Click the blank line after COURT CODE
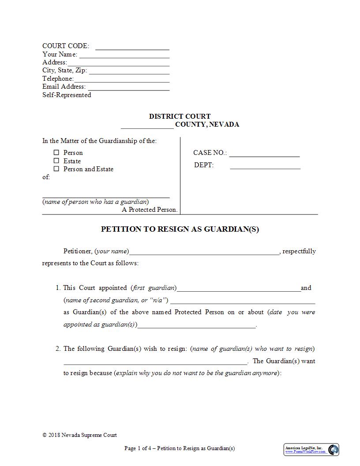(x=132, y=47)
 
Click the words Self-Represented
(x=67, y=95)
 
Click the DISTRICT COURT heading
(x=180, y=116)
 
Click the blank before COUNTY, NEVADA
(x=147, y=126)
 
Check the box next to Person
(x=56, y=153)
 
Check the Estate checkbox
(x=56, y=161)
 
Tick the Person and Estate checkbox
(x=56, y=169)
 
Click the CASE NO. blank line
(x=264, y=154)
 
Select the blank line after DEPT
(x=265, y=166)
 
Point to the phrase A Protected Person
(x=150, y=210)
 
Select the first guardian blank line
(x=238, y=289)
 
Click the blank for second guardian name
(x=242, y=301)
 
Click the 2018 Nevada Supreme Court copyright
(x=80, y=435)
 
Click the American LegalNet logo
(x=311, y=450)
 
